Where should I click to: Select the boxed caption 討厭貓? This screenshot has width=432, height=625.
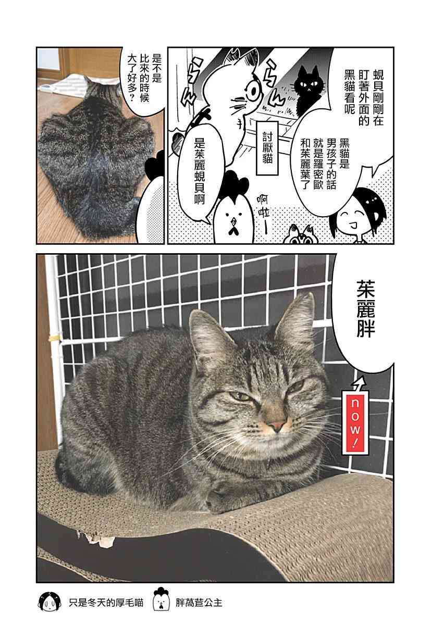click(267, 147)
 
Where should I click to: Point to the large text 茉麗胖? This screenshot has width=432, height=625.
click(365, 313)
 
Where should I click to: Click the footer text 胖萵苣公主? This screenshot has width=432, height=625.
click(199, 603)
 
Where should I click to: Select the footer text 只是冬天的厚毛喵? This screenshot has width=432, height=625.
click(106, 603)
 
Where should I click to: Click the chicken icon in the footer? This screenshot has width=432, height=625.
click(161, 601)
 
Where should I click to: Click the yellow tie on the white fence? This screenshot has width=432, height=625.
click(54, 339)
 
